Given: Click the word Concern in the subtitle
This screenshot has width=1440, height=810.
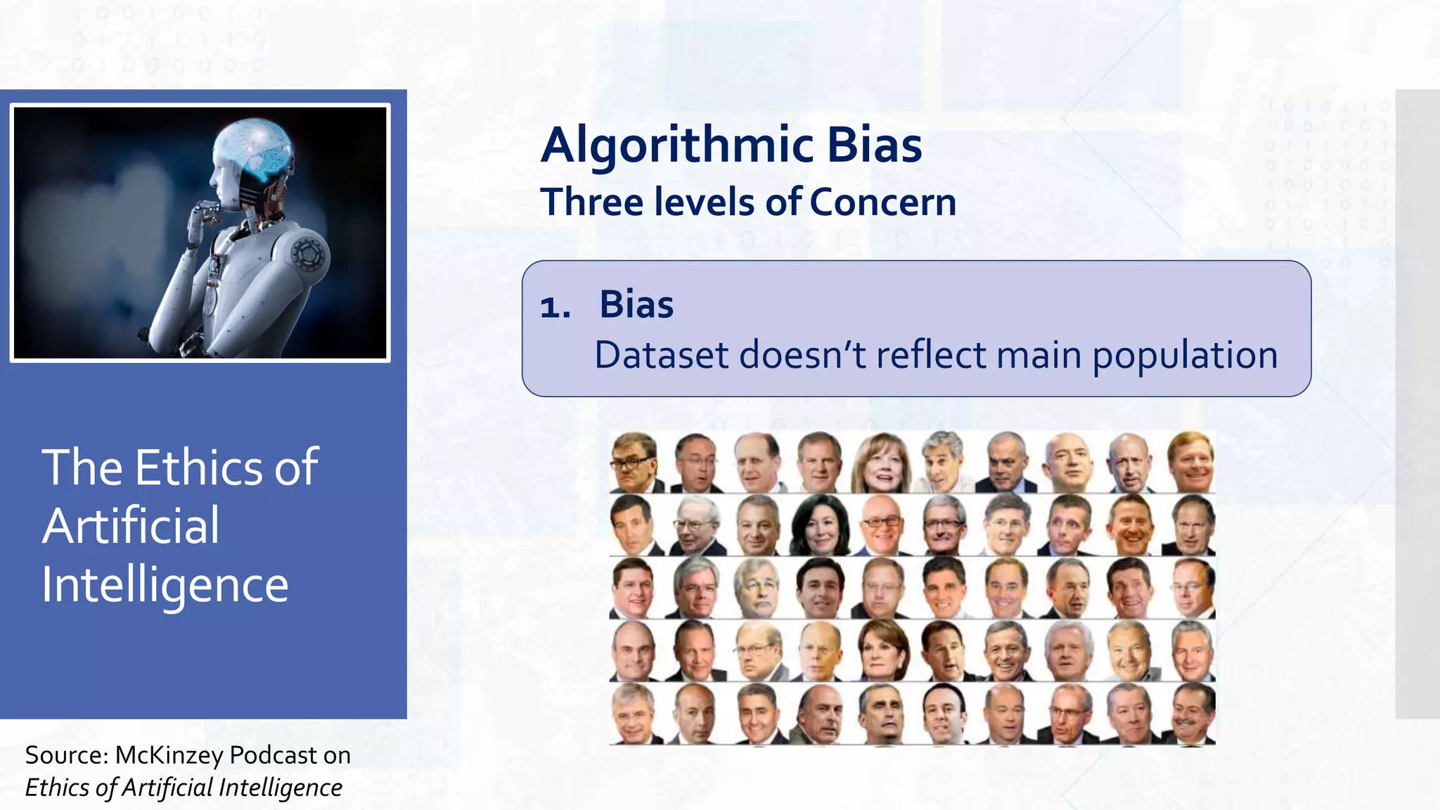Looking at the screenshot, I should coord(882,202).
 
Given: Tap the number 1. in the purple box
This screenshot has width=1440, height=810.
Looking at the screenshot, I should coord(555,307).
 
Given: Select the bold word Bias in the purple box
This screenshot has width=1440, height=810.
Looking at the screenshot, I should coord(636,304).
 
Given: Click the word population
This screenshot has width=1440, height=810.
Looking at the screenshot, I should coord(1184,355).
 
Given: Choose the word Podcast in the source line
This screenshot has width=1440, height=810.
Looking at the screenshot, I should coord(274,755).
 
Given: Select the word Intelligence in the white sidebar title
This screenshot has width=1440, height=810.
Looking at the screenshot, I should coord(165,584).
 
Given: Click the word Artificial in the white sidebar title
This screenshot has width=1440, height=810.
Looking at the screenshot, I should coord(131,526).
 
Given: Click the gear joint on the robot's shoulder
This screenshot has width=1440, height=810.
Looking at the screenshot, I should coord(307,254).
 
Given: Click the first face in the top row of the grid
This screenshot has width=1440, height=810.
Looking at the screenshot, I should coord(634,461).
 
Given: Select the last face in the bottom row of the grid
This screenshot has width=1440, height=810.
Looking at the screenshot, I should coord(1192,713).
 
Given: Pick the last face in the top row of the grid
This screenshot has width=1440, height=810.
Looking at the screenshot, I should coord(1192,461).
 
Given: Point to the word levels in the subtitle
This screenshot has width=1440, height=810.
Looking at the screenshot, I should coord(705,202).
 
